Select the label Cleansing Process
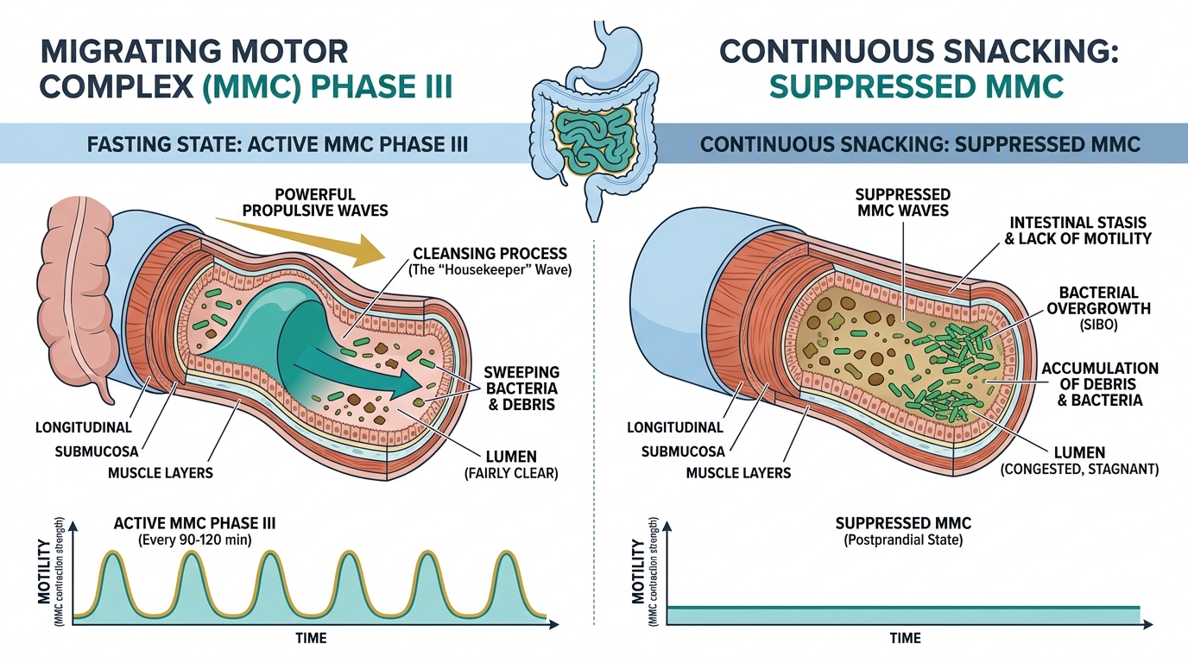pos(490,253)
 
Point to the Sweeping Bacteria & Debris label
pos(521,388)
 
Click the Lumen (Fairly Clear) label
pos(511,464)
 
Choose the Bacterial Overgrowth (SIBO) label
pos(1098,308)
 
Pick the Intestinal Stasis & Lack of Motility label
pos(1078,230)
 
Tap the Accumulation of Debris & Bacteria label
pos(1100,383)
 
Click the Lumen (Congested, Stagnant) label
pos(1079,460)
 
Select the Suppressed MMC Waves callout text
pos(903,202)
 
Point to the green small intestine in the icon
pos(593,142)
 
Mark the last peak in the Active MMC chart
pos(507,553)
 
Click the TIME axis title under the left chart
pos(312,638)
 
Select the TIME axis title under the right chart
pos(906,638)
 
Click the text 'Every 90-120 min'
pos(195,540)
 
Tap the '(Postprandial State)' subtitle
pos(903,540)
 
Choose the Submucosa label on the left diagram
pos(97,451)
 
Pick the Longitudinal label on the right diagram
pos(674,427)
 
